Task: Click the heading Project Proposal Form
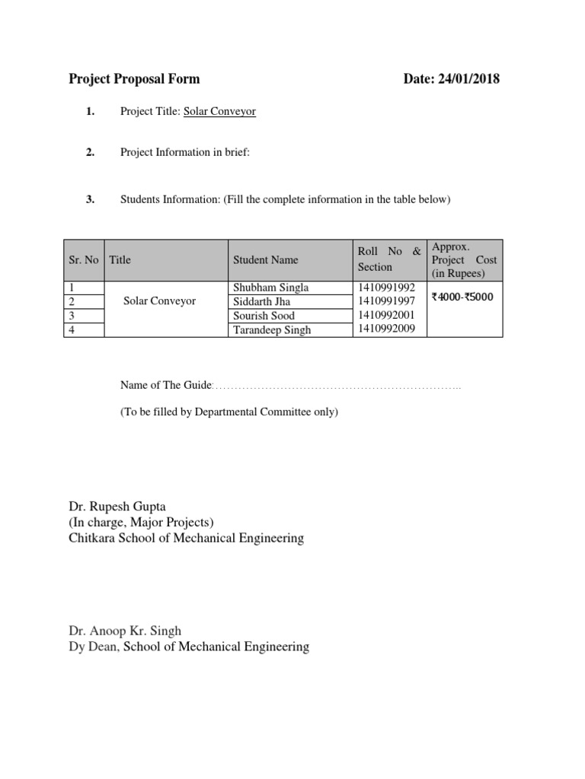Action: [134, 78]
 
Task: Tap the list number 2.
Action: [90, 152]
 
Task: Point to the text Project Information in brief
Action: [184, 152]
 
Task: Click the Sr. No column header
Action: [83, 259]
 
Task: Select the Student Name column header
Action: [265, 259]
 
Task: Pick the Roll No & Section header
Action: [388, 259]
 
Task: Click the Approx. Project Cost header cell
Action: [464, 259]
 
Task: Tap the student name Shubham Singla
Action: [271, 288]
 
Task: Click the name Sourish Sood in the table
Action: [264, 316]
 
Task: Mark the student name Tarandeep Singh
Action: [272, 330]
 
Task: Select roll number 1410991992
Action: [386, 288]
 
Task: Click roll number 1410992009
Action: [386, 330]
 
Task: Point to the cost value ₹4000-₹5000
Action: [462, 297]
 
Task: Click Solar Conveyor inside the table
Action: [159, 301]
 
